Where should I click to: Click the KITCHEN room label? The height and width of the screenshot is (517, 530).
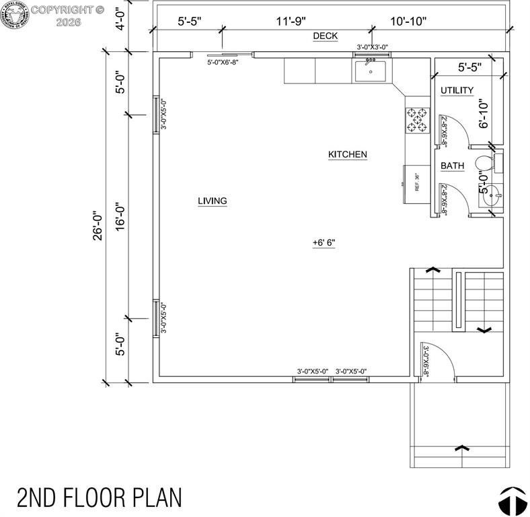(347, 155)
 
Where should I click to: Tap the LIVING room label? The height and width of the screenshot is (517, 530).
(212, 201)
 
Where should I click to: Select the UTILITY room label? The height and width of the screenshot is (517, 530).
(457, 90)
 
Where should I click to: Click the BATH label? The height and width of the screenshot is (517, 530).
(452, 166)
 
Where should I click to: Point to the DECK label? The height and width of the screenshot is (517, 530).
(325, 36)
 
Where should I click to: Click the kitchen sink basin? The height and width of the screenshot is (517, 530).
(370, 70)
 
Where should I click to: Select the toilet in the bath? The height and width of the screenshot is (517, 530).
(484, 163)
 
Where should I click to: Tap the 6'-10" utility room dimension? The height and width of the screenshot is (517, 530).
(482, 112)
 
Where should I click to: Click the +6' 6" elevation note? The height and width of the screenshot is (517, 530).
(324, 242)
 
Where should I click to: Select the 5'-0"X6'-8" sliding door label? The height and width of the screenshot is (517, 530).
(223, 63)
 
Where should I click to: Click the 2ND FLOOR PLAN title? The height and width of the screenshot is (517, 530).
(99, 497)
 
